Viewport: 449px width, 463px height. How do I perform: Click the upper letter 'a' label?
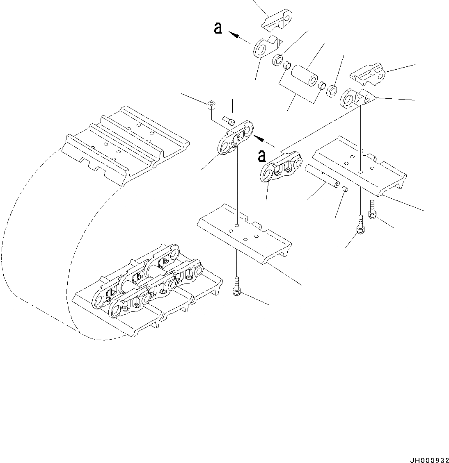(218, 28)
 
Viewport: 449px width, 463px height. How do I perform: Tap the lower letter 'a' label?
(262, 156)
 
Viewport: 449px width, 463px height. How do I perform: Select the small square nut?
(210, 105)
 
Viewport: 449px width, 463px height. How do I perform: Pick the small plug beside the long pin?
(345, 189)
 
